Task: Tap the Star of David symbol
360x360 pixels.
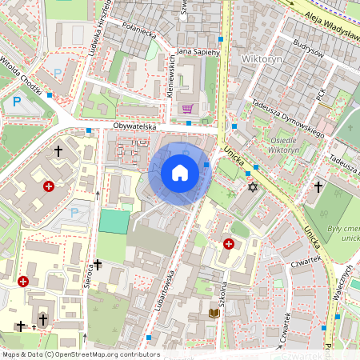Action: [254, 187]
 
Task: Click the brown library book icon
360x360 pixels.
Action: [214, 314]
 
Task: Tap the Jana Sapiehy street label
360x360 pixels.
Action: [197, 51]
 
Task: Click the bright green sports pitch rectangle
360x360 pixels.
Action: [114, 222]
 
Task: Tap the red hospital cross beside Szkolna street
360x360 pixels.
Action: [230, 243]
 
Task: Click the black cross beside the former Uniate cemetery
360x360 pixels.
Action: [318, 187]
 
